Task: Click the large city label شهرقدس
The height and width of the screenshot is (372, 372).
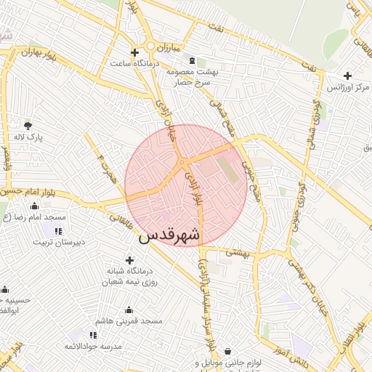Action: [168, 237]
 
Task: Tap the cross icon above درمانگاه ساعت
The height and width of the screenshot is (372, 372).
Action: [134, 52]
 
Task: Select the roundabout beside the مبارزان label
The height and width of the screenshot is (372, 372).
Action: [151, 47]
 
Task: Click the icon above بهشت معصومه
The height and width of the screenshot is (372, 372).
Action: [191, 61]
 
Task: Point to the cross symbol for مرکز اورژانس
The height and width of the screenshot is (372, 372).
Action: [347, 76]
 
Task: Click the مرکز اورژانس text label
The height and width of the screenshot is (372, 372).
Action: [349, 87]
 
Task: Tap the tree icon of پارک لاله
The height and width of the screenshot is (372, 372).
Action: [28, 125]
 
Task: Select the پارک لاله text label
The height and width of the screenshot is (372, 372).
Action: [31, 137]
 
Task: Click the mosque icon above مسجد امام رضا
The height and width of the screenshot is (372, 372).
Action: [34, 206]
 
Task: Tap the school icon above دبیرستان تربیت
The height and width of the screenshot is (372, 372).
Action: [57, 230]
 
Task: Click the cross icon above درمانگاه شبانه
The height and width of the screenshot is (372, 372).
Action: [130, 259]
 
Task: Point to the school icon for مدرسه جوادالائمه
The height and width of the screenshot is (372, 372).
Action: [93, 334]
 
